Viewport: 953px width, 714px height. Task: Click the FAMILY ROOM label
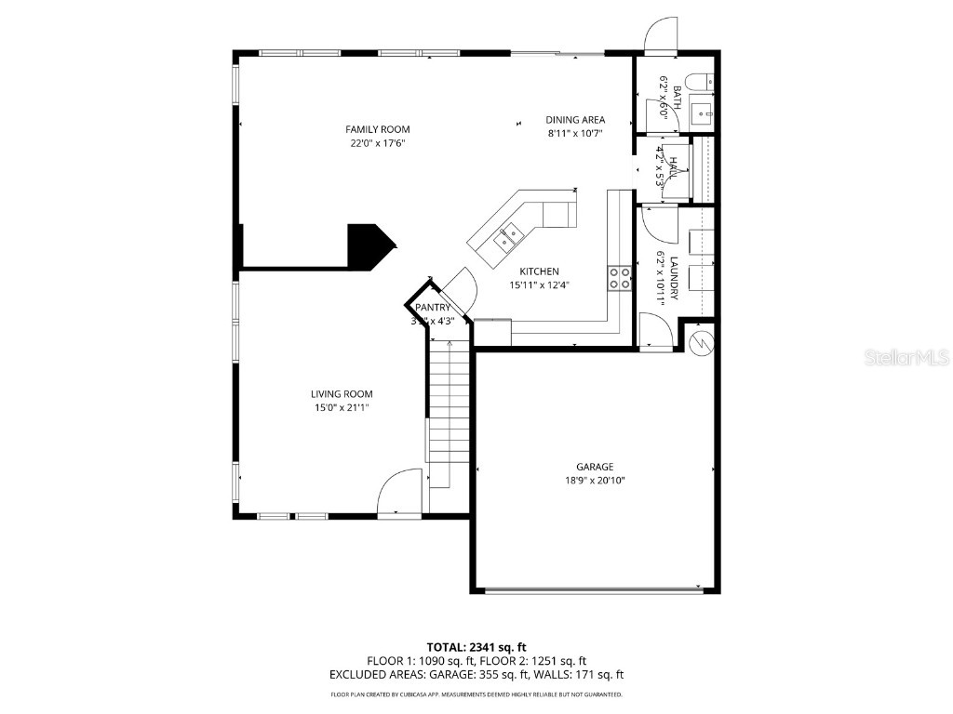click(377, 129)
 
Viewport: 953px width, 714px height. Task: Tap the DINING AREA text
click(575, 119)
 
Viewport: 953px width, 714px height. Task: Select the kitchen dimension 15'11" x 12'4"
click(539, 285)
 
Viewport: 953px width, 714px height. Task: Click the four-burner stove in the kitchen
click(620, 278)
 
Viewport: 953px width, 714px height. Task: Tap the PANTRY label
click(433, 308)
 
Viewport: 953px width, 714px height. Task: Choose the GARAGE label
click(595, 467)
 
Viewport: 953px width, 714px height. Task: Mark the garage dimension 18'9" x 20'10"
click(595, 481)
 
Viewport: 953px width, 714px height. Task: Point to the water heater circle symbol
click(700, 340)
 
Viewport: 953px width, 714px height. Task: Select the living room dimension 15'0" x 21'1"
click(342, 407)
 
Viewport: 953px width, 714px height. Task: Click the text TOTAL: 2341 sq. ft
click(476, 646)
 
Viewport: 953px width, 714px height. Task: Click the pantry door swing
click(461, 288)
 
